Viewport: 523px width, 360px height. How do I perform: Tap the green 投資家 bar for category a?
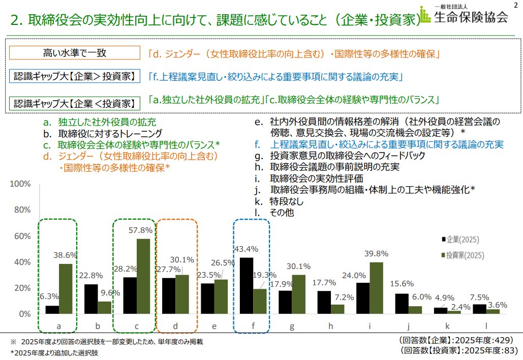coord(66,289)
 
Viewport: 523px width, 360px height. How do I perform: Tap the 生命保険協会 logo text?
coord(471,17)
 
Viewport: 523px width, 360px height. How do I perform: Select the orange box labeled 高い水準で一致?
coord(74,52)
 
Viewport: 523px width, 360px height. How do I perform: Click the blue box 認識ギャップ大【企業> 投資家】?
coord(74,77)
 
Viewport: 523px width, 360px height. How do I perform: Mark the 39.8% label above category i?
coord(376,254)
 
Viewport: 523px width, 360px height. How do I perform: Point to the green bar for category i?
coord(376,288)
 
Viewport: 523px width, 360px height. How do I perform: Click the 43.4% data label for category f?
coord(246,249)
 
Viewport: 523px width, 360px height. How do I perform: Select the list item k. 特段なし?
coord(278,202)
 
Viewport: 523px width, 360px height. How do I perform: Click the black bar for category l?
coord(480,309)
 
